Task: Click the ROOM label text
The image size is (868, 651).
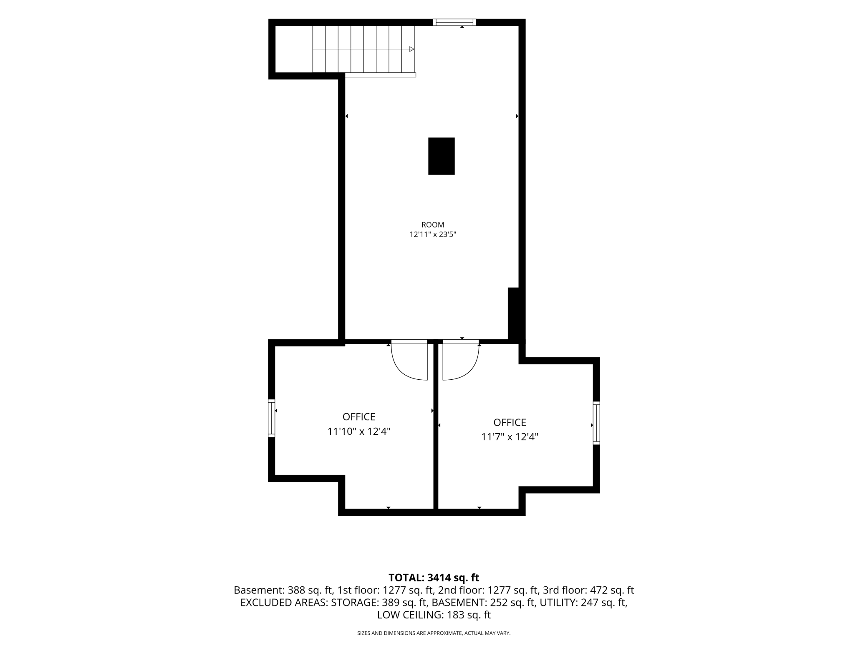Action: pos(433,225)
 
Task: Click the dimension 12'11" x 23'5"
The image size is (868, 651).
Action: pos(433,235)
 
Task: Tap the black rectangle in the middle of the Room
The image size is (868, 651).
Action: pos(442,156)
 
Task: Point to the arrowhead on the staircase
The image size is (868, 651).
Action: pos(411,49)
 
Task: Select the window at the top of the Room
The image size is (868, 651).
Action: pos(454,23)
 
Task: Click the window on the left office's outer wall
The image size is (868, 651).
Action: pos(272,418)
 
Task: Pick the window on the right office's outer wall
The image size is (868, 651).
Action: pos(596,423)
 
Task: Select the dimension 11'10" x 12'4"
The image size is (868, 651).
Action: pos(359,431)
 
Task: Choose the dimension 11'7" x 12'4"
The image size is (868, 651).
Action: pos(510,437)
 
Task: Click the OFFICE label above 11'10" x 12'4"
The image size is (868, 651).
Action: pos(359,417)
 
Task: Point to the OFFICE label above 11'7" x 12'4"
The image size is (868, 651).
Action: pos(510,423)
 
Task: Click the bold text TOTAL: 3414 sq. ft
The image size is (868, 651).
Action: pos(434,578)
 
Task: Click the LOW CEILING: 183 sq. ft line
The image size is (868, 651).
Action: pos(434,615)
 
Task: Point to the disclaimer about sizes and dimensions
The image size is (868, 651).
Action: pos(434,633)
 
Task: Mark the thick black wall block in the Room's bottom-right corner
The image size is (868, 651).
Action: pos(514,314)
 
